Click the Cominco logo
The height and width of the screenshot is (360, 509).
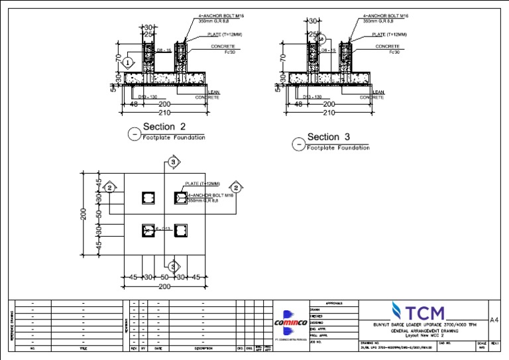point(291,322)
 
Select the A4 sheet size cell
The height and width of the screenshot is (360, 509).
point(493,320)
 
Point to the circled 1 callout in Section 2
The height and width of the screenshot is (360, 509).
point(129,62)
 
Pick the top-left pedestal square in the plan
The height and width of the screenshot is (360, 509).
point(148,198)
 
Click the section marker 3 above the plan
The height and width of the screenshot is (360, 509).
point(173,162)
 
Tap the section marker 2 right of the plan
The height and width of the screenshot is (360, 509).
point(234,188)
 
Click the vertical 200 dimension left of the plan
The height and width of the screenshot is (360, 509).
point(84,214)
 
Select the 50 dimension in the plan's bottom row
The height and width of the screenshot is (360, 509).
point(164,277)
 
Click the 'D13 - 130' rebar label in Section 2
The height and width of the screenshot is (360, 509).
point(146,97)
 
